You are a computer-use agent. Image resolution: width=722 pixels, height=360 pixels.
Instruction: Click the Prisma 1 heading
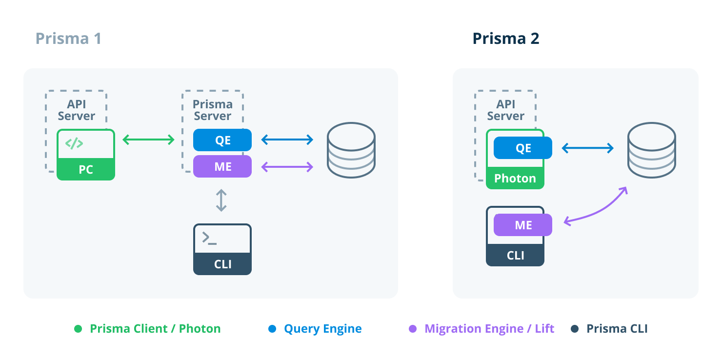coord(68,39)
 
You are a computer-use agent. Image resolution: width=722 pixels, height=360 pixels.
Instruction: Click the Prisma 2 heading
coord(505,39)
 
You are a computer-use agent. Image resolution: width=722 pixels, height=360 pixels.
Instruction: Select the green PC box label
coord(86,170)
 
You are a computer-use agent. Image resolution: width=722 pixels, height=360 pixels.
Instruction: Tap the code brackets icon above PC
coord(74,143)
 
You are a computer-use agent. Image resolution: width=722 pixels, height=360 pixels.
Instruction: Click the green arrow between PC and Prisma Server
coord(148,140)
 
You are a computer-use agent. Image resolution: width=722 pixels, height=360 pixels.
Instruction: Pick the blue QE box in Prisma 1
coord(222,140)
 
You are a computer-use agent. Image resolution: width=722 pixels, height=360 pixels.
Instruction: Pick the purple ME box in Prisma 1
coord(222,166)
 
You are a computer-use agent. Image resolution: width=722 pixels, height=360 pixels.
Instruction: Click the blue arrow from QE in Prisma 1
coord(287,140)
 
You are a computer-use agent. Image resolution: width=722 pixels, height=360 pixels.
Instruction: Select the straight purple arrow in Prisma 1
coord(287,167)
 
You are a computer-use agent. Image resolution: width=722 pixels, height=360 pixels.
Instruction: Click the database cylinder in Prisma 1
coord(351,150)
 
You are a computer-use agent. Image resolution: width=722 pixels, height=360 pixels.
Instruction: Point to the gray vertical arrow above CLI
coord(221,200)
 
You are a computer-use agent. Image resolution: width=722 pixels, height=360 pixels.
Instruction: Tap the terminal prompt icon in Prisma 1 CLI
coord(209,238)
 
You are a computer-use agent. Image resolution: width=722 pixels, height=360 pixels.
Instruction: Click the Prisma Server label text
coord(212,110)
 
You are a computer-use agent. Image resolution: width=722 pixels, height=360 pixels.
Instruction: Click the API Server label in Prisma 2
coord(505,110)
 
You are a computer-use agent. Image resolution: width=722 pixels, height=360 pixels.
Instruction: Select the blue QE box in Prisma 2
coord(523,148)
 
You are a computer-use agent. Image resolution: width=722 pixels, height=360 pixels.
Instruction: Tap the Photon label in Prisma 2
coord(515,179)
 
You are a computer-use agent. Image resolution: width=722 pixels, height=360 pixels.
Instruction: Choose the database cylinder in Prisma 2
coord(651,150)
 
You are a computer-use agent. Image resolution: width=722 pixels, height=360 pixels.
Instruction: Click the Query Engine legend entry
coord(322,329)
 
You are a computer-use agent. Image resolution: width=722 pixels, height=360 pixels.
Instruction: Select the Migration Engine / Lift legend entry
coord(489,329)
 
